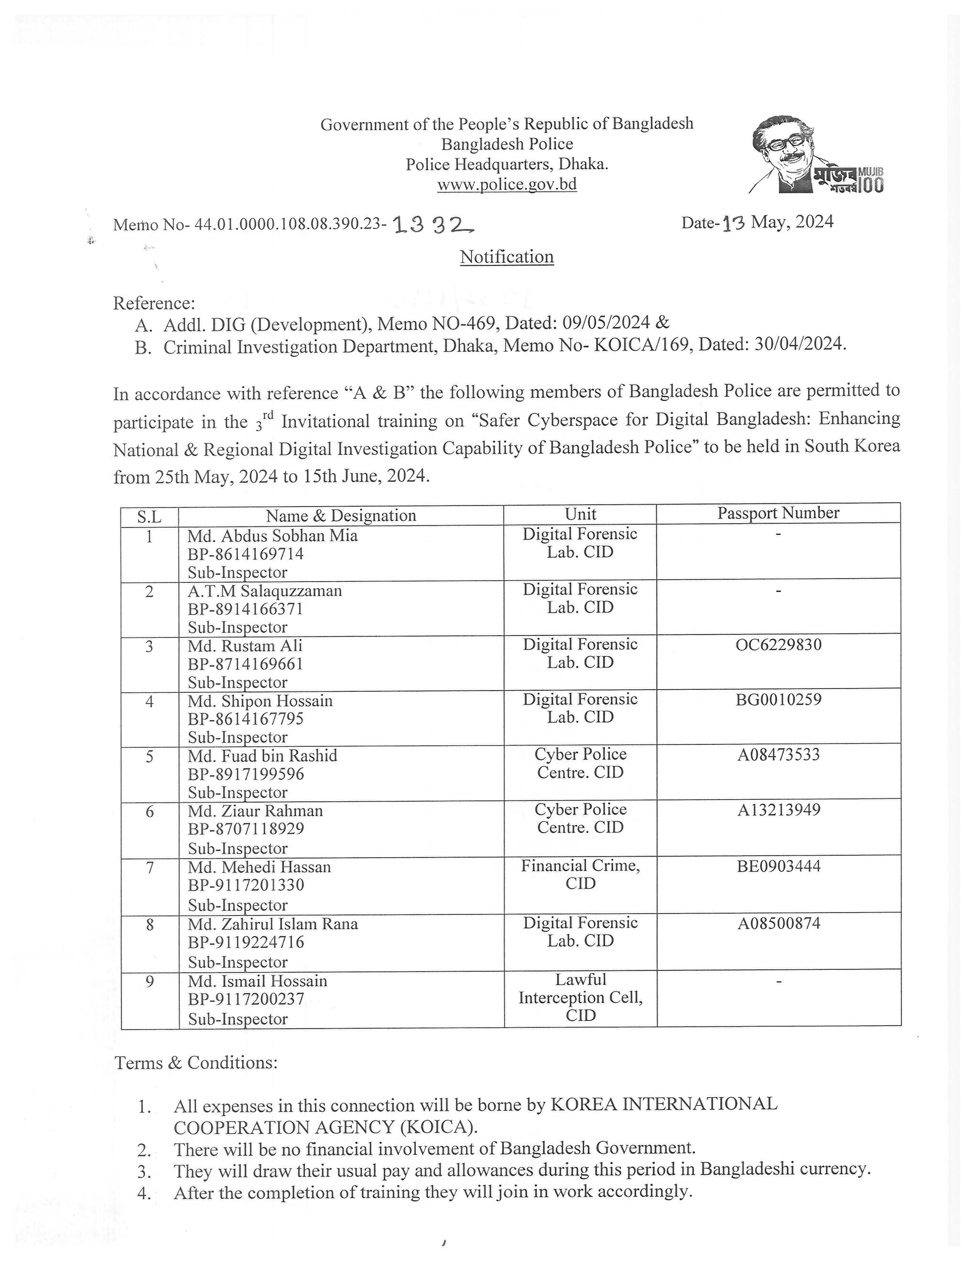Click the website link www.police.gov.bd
(507, 185)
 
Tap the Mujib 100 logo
(817, 155)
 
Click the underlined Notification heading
(507, 257)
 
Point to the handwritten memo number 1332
(433, 225)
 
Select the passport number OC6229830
(779, 644)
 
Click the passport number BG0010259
(779, 700)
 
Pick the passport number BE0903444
(779, 866)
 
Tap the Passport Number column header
(778, 513)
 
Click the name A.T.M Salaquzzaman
(265, 591)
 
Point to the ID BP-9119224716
(246, 942)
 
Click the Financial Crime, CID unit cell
(581, 874)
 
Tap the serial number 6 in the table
(150, 812)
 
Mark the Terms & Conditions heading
(196, 1063)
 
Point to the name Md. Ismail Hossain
(258, 981)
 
